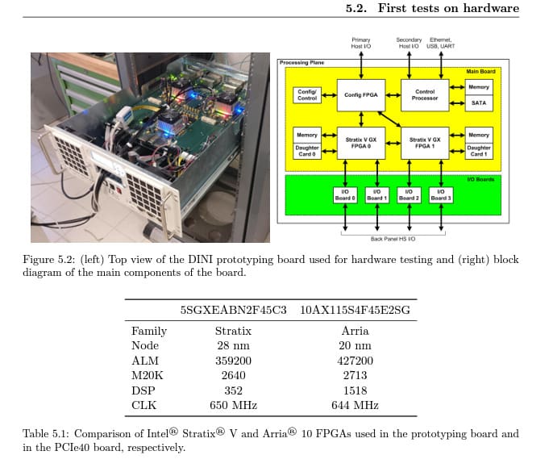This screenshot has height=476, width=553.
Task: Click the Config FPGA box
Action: pyautogui.click(x=361, y=95)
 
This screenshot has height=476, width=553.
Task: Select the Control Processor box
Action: pyautogui.click(x=425, y=95)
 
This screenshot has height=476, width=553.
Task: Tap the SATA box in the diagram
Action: pyautogui.click(x=479, y=103)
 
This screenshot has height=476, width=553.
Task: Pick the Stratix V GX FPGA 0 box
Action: pyautogui.click(x=361, y=143)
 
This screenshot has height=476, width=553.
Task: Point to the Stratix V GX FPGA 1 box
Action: pyautogui.click(x=425, y=143)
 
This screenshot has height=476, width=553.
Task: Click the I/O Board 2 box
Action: pyautogui.click(x=409, y=195)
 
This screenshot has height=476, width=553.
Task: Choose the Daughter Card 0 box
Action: pyautogui.click(x=307, y=151)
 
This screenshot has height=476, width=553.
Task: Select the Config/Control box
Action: pyautogui.click(x=307, y=95)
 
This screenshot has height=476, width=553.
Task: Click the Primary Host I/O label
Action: pyautogui.click(x=361, y=43)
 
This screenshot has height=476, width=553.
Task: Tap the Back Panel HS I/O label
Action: pyautogui.click(x=393, y=239)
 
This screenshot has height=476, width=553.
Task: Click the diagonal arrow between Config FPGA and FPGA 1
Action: pyautogui.click(x=389, y=119)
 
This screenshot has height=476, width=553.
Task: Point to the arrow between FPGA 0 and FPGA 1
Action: pyautogui.click(x=393, y=144)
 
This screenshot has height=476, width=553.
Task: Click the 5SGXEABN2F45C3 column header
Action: pyautogui.click(x=233, y=310)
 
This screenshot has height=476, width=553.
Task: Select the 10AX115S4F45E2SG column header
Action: pyautogui.click(x=355, y=310)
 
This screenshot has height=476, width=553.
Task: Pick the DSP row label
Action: pyautogui.click(x=143, y=390)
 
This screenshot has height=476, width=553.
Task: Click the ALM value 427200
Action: pyautogui.click(x=355, y=361)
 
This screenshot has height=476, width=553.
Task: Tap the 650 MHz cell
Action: pyautogui.click(x=233, y=405)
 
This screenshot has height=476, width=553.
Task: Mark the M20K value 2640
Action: pyautogui.click(x=233, y=375)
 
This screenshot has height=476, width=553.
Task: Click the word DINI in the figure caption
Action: pyautogui.click(x=200, y=259)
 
